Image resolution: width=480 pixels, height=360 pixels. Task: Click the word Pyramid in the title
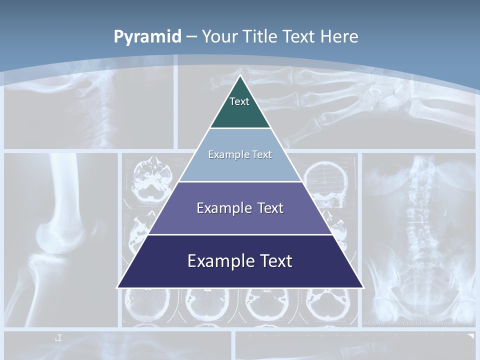point(147,37)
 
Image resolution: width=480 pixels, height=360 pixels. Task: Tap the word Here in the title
point(339,36)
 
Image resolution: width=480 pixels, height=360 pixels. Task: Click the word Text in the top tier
point(239,101)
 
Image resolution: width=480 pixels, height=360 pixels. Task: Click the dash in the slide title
point(191,37)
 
